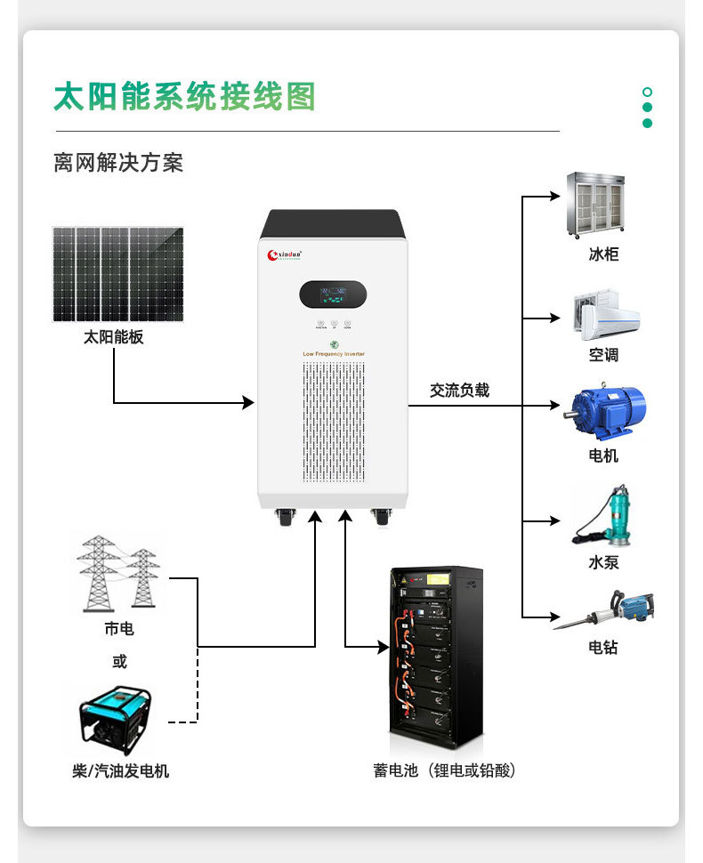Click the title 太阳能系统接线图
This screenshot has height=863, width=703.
(x=184, y=97)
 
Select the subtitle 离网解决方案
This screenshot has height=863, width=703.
(x=118, y=163)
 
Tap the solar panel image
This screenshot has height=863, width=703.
(x=117, y=274)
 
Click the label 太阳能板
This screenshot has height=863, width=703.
(x=113, y=337)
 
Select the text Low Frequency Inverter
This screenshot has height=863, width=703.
(x=334, y=354)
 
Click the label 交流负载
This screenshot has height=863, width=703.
(x=459, y=390)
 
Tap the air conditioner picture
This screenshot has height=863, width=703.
(x=604, y=312)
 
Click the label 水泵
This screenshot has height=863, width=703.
(x=603, y=562)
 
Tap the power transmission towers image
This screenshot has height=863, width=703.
(x=117, y=573)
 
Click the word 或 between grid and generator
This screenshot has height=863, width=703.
(x=119, y=662)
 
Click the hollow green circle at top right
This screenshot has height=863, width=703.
(x=647, y=92)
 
